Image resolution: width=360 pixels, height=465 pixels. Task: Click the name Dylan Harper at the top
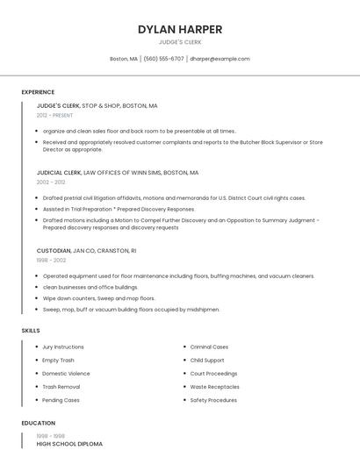point(180,29)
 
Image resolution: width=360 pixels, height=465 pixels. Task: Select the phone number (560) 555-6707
point(163,59)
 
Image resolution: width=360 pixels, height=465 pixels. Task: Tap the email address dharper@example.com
point(220,59)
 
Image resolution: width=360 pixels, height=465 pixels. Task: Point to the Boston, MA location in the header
point(123,59)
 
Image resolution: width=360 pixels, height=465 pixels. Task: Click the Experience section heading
point(38,92)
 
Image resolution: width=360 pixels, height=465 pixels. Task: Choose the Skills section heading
point(31,331)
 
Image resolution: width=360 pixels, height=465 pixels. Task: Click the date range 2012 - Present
point(54,115)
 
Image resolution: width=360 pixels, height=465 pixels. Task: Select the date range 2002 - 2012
point(51,182)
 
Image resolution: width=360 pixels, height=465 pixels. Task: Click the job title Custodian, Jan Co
point(86,250)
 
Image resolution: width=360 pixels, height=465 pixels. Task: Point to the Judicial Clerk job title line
point(117,173)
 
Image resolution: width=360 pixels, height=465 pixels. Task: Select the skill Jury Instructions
point(63,347)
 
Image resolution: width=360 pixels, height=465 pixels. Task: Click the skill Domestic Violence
point(66,373)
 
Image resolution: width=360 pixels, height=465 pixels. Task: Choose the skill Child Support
point(207,360)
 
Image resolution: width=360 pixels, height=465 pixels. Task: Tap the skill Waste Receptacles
point(214,386)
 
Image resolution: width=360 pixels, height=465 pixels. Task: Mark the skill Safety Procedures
point(213,400)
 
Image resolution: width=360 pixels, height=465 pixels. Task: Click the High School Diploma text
point(69,444)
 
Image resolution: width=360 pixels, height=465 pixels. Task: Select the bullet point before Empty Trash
point(37,360)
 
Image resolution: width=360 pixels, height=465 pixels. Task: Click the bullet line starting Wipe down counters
point(98,298)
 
